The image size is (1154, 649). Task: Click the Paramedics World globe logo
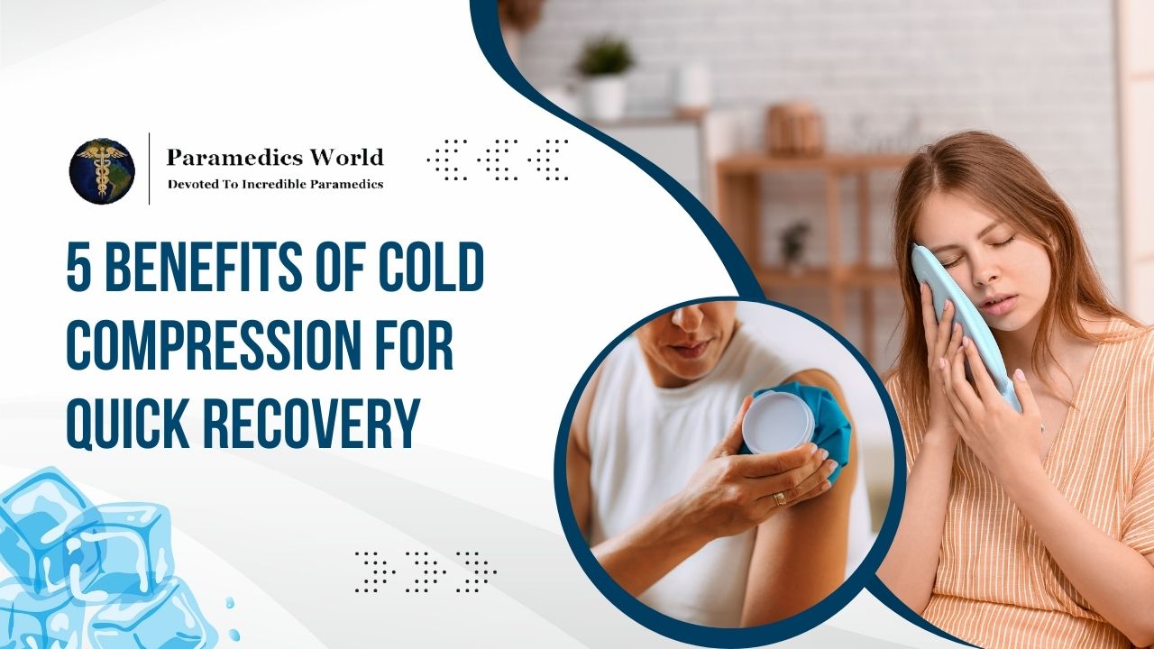tap(102, 170)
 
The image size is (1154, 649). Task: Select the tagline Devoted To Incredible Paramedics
tap(275, 184)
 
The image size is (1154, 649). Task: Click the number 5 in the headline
tap(80, 269)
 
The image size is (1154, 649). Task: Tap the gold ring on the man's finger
tap(780, 498)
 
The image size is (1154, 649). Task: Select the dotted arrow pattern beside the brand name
tap(497, 160)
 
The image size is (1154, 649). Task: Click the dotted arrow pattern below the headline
tap(425, 571)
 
